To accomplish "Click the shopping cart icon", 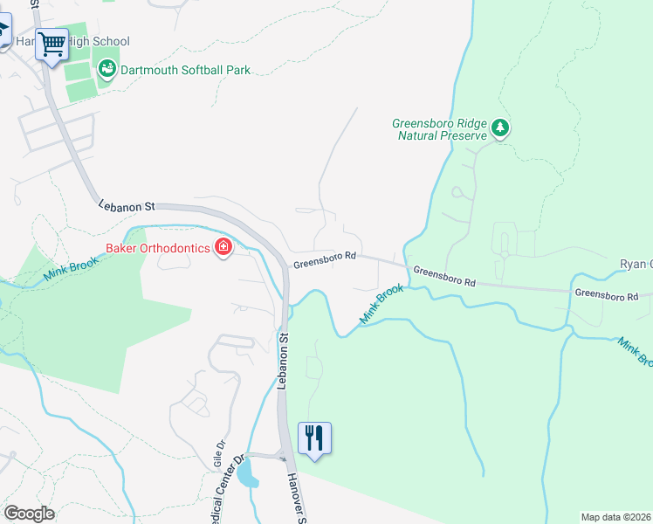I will click(52, 43).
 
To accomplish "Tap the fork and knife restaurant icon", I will click(314, 437).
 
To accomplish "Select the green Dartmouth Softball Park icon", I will click(107, 68).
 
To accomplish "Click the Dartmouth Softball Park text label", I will click(186, 69).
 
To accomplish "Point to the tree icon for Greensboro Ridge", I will click(499, 129).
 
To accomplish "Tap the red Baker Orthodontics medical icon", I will click(223, 248).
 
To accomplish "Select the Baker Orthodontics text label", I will click(157, 248).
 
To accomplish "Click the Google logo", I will click(29, 513).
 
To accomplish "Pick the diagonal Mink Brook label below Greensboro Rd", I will click(382, 305).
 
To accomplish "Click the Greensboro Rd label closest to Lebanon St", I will click(325, 257).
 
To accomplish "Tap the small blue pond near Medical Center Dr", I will click(247, 474).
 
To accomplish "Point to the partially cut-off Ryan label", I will click(636, 264).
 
